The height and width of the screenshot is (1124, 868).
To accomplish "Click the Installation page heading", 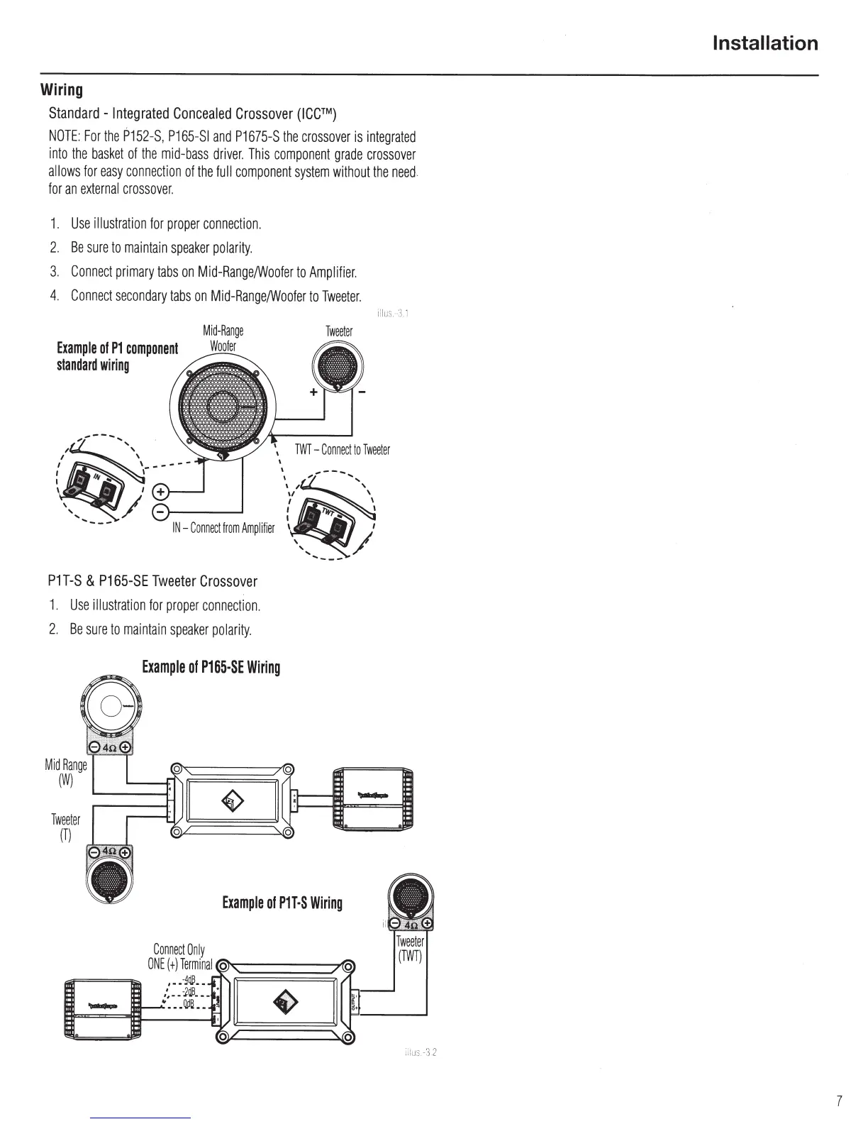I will coord(764,44).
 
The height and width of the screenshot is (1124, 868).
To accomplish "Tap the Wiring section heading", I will coord(62,90).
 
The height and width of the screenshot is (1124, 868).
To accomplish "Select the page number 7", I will coord(839,1101).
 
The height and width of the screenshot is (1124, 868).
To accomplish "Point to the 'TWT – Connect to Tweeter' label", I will coord(342,450).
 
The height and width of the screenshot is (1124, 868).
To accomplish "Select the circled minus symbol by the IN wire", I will coord(162,512).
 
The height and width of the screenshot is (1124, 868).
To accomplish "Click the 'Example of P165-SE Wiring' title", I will coord(211,668).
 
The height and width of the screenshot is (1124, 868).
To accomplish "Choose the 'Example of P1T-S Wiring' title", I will coord(282,903).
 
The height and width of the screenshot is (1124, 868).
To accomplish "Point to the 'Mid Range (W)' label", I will coord(65,771).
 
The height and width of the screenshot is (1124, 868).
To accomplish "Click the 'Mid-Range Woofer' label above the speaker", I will coord(223,338).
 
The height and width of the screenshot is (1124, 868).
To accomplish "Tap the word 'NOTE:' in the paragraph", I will coord(64,136).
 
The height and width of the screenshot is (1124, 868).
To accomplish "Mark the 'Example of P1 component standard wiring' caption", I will coord(117,357).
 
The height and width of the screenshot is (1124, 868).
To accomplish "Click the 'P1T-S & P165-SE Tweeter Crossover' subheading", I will coord(152,581).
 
